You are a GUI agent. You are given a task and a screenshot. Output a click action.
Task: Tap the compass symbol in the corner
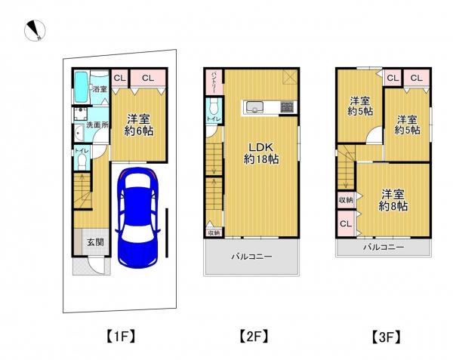pos(35,31)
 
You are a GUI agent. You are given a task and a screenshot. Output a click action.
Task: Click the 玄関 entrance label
pos(85,242)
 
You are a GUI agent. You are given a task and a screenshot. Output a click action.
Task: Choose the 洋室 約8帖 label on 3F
pos(393,199)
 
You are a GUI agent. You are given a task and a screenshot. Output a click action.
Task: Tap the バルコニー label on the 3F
pos(383,247)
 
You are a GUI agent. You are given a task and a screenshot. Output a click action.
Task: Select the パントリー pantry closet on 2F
pos(214,80)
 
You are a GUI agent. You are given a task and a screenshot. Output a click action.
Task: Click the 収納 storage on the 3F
pos(345,200)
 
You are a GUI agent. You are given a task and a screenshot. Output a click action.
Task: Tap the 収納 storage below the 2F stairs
pos(213,233)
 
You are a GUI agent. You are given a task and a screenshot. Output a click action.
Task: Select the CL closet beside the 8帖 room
pos(345,224)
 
